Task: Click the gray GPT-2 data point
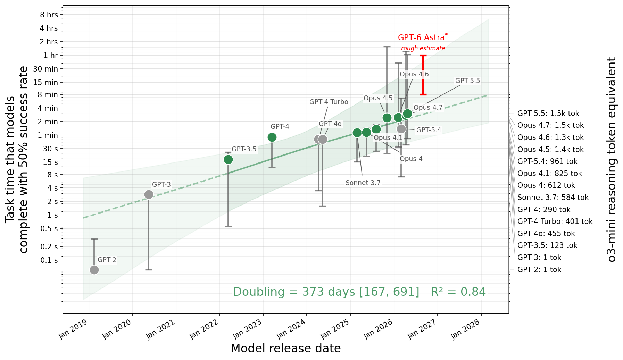click(x=94, y=270)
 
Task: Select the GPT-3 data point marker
click(x=149, y=194)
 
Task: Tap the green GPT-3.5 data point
click(x=228, y=159)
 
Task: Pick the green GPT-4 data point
click(x=272, y=137)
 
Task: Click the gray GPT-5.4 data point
click(x=401, y=129)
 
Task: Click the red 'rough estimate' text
click(x=423, y=48)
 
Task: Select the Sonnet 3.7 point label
click(x=363, y=183)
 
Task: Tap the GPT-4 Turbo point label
click(x=329, y=102)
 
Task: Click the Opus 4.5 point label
click(x=378, y=98)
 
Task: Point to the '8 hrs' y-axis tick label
click(x=49, y=15)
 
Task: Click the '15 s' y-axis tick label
click(x=50, y=162)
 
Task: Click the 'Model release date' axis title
click(x=285, y=348)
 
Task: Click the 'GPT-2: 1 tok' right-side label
click(x=539, y=269)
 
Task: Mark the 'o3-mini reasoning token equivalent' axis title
click(x=612, y=159)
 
